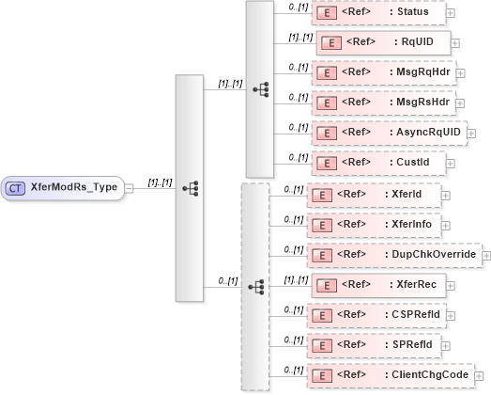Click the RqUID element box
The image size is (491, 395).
(x=384, y=42)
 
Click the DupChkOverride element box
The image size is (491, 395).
(x=393, y=255)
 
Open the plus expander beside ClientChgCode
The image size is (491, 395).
(x=479, y=376)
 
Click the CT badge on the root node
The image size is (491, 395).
(x=16, y=187)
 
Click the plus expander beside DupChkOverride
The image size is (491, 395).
(x=486, y=255)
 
